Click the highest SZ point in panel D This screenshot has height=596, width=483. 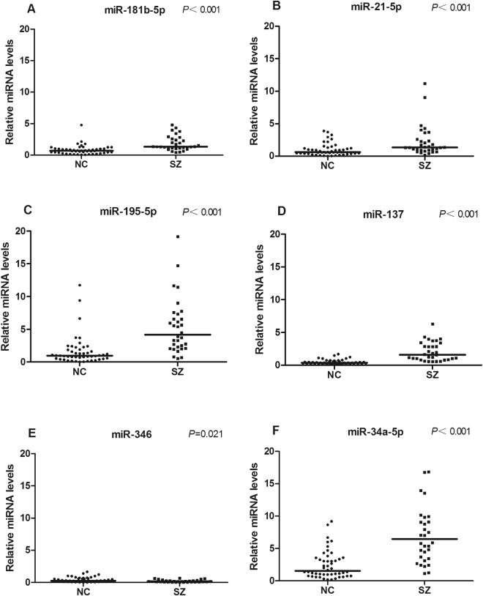[x=433, y=324]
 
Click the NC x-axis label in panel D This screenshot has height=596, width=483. [x=334, y=376]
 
